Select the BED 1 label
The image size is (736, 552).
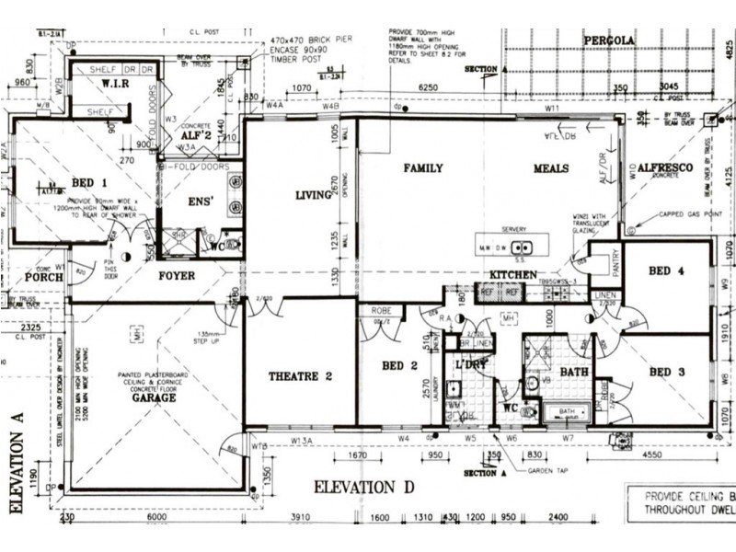pos(89,182)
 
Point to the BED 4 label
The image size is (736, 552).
pos(666,271)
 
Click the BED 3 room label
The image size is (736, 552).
pos(666,372)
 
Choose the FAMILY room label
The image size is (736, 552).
pos(423,168)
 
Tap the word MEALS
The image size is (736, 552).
pos(551,168)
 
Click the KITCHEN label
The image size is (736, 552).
pos(512,275)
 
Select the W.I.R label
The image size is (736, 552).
pos(113,86)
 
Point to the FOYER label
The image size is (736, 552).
pos(175,275)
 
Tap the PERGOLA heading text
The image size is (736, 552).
pos(608,41)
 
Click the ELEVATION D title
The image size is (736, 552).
pos(364,486)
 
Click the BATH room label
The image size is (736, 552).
pos(573,373)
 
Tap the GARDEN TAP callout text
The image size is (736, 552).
pos(547,470)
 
